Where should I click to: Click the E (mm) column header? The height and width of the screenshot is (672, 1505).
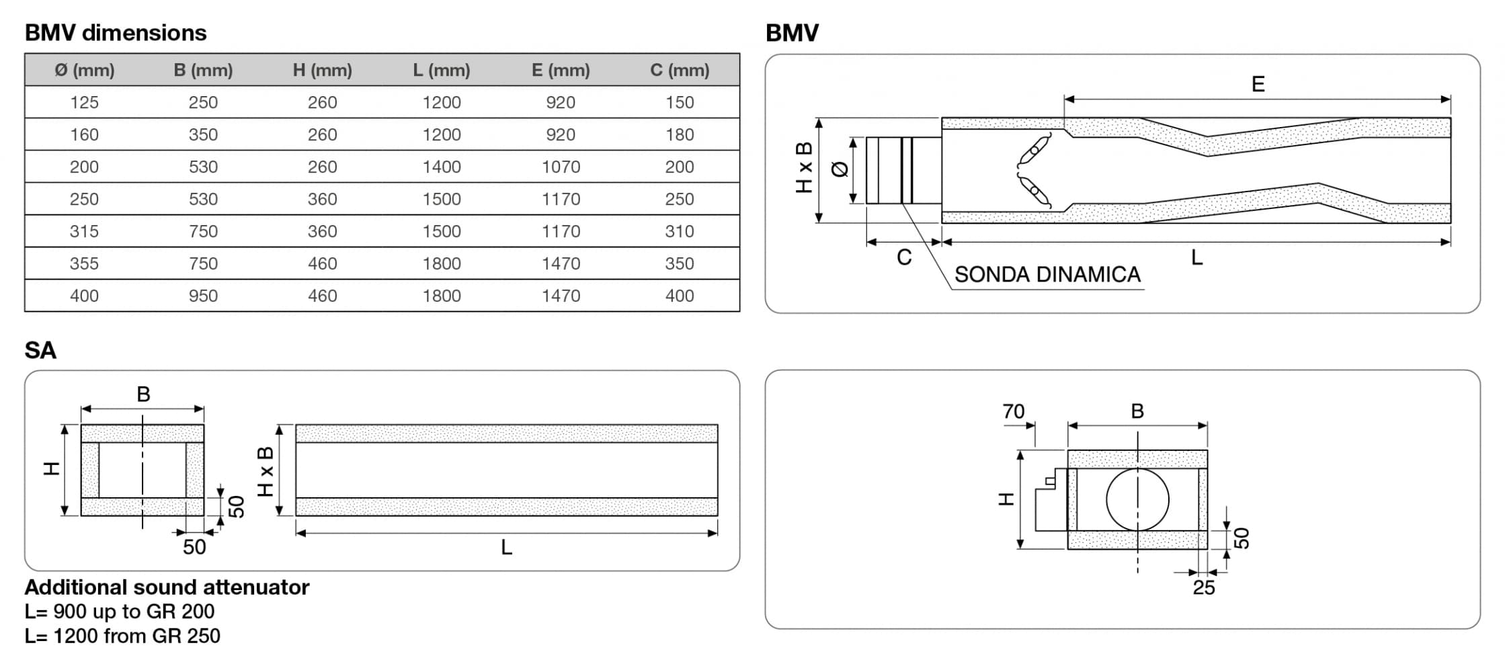click(560, 70)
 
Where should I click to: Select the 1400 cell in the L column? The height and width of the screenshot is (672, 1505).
click(442, 167)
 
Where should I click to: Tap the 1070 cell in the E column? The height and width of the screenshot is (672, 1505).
click(561, 167)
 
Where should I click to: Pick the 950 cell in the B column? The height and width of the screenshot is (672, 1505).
click(203, 296)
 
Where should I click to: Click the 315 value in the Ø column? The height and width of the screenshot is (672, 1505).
click(84, 231)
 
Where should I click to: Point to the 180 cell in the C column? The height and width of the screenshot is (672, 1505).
click(680, 134)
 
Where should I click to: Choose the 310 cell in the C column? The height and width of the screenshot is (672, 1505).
click(680, 231)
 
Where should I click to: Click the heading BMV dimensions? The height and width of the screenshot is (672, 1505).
click(116, 33)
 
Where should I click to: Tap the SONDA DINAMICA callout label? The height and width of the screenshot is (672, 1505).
click(1047, 275)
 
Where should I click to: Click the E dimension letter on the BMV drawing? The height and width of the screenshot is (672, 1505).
click(1258, 84)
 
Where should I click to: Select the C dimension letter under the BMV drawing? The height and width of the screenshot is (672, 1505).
click(904, 257)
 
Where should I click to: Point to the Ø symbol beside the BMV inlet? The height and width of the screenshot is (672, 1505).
click(840, 169)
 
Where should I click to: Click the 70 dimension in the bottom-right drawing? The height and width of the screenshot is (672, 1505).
click(1013, 411)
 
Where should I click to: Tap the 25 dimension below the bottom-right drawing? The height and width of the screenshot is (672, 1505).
click(1204, 588)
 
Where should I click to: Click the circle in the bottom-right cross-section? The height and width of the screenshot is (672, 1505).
click(1137, 499)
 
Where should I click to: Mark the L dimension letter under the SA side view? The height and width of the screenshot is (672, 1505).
click(507, 548)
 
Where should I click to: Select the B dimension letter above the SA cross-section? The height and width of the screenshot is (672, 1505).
click(143, 394)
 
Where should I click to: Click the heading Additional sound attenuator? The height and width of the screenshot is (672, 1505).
click(167, 587)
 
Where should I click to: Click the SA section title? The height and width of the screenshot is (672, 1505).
click(40, 350)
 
